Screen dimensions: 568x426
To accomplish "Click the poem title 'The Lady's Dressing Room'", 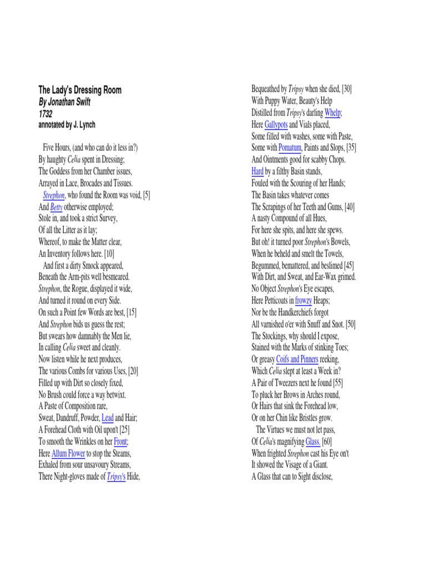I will click(80, 90).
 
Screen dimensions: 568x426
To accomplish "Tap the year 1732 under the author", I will click(45, 113).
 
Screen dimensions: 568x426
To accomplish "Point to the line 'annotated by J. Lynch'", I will click(70, 125).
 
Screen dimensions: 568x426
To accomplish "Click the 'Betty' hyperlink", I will click(56, 206).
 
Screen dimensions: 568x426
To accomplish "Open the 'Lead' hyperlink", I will click(108, 418).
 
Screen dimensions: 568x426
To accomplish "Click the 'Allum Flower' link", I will click(68, 453).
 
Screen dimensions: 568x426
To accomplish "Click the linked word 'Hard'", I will click(257, 171).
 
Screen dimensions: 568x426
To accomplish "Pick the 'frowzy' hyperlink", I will click(303, 300).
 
